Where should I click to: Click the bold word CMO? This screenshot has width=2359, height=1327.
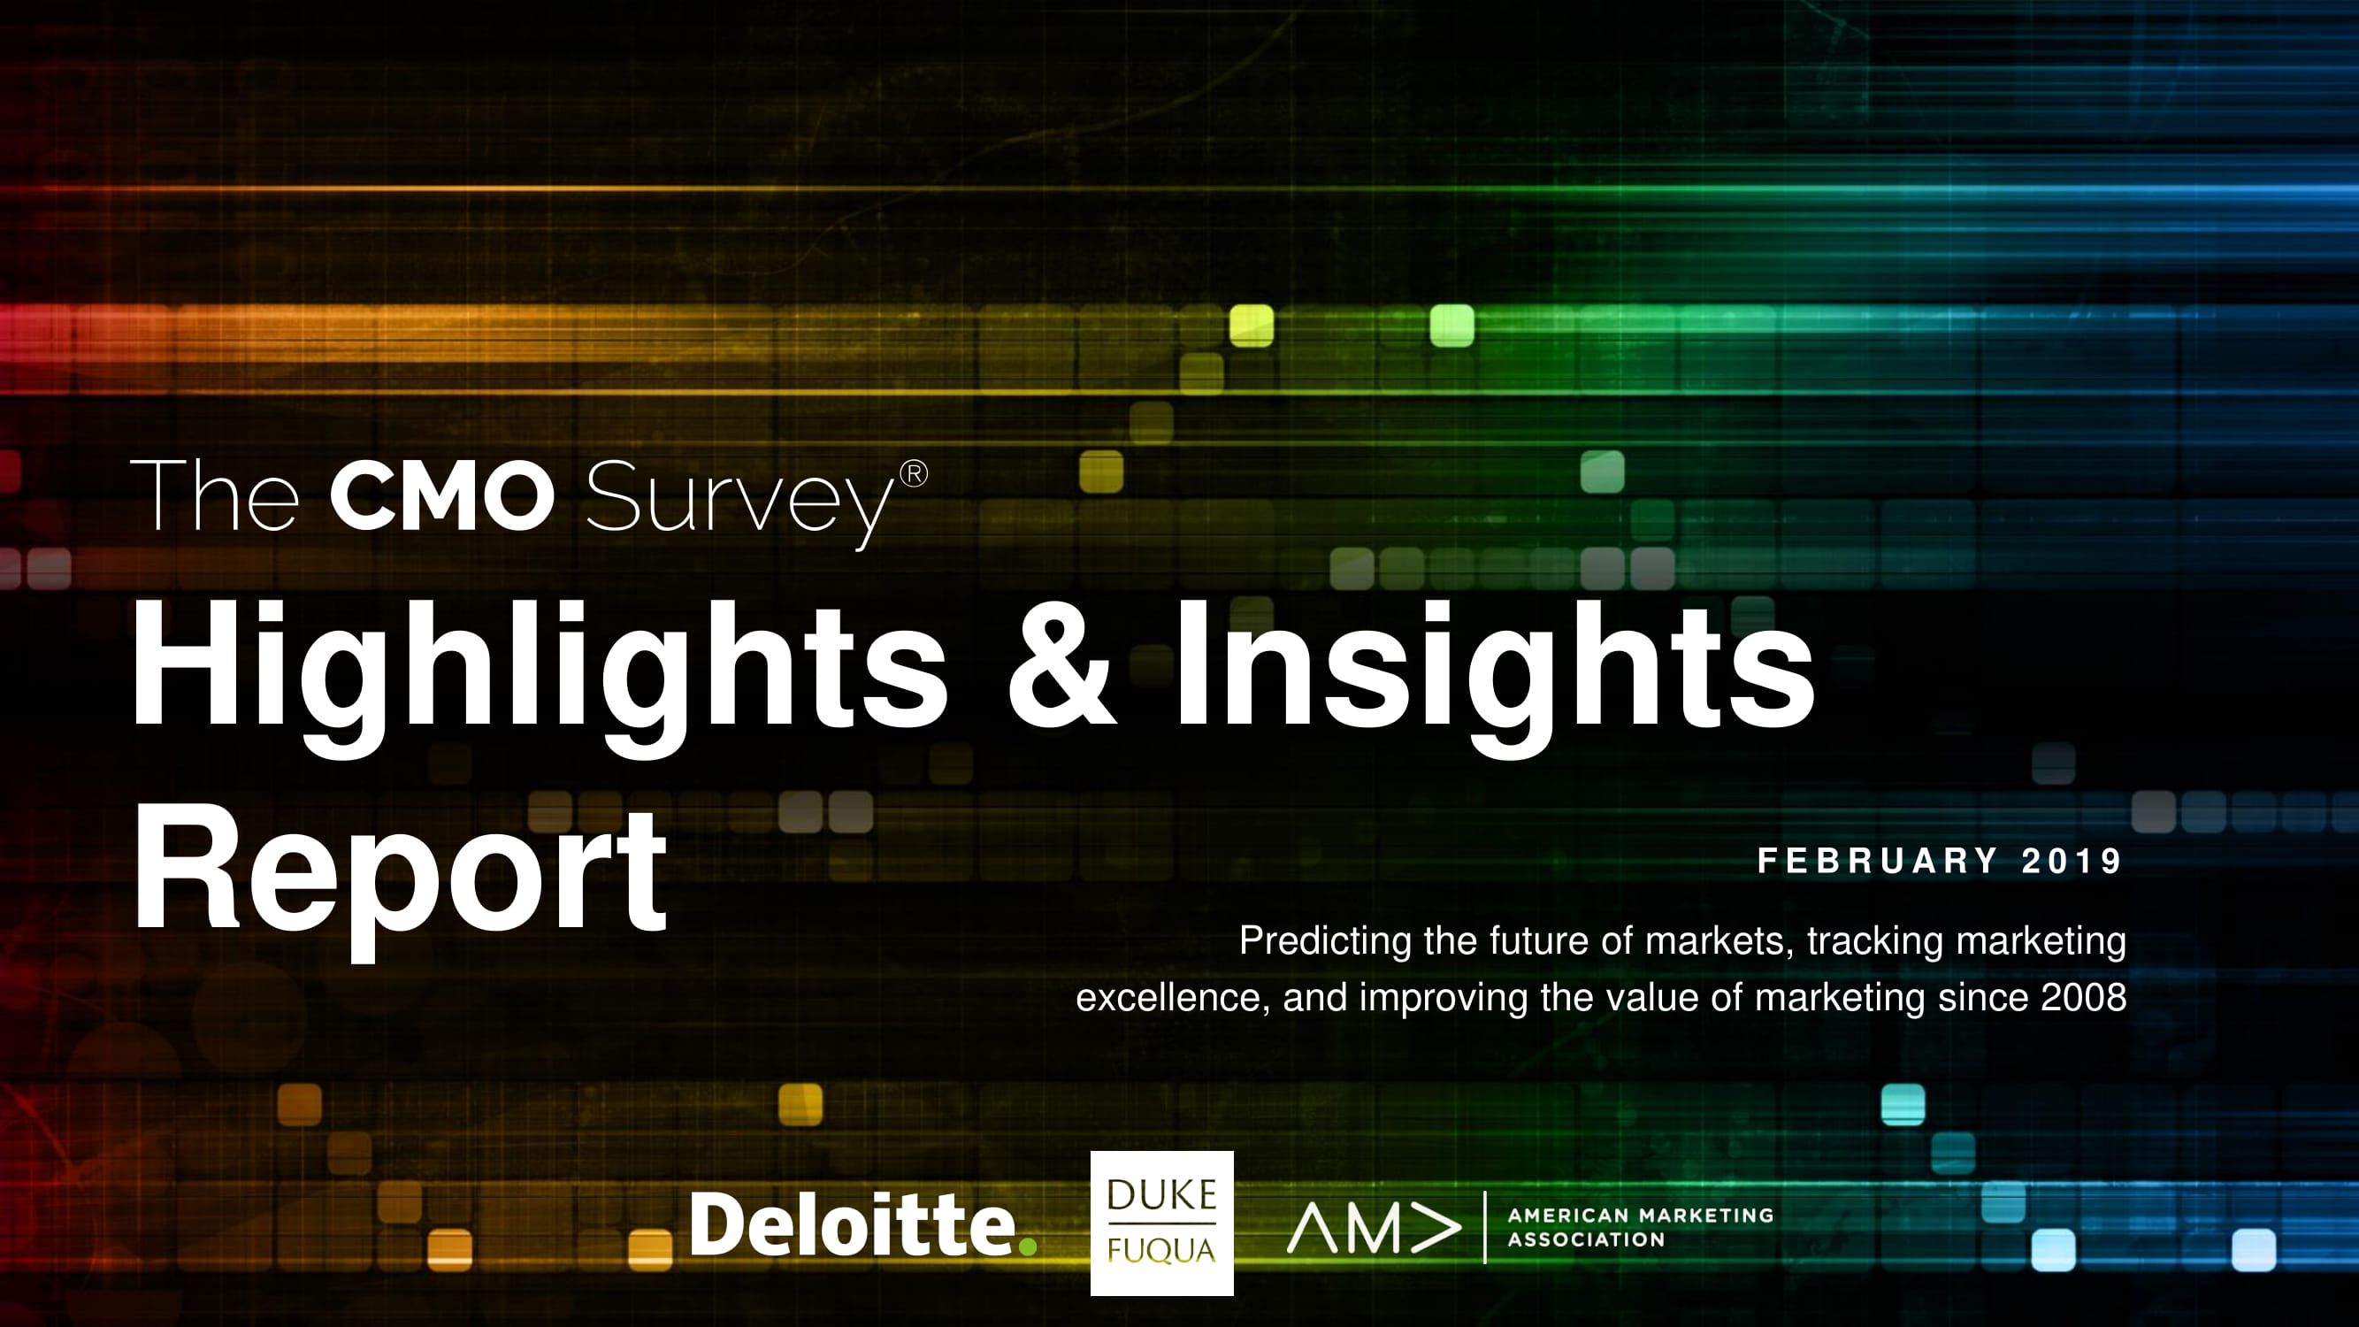tap(442, 495)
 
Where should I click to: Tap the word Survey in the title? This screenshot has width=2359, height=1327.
tap(740, 503)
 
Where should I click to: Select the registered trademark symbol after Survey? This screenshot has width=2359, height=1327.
tap(914, 473)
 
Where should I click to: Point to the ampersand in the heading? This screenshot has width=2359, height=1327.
tap(1061, 670)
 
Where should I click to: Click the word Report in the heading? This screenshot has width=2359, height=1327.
tap(400, 878)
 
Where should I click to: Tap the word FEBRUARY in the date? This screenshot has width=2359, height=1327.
tap(1877, 861)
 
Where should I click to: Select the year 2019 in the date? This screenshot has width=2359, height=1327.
tap(2072, 861)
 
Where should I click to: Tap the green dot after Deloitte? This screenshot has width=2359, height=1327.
tap(1028, 1246)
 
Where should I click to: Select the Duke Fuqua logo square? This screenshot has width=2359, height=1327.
tap(1162, 1223)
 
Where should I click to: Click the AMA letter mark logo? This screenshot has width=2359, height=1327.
tap(1374, 1228)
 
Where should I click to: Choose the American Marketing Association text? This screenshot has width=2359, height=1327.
tap(1640, 1227)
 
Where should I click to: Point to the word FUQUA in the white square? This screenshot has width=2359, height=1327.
tap(1161, 1250)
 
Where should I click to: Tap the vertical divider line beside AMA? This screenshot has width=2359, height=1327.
tap(1484, 1227)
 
